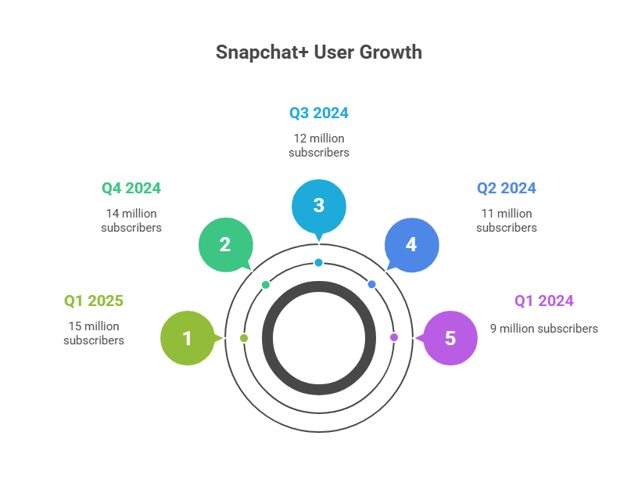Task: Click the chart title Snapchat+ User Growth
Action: tap(319, 52)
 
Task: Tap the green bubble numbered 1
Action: tap(187, 338)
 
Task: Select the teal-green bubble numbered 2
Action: tap(225, 244)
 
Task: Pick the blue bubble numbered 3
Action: tap(318, 206)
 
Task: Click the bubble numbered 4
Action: tap(411, 244)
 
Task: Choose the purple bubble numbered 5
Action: tap(450, 338)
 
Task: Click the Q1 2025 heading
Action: tap(94, 301)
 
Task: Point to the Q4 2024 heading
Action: tap(131, 188)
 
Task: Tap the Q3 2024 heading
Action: tap(319, 113)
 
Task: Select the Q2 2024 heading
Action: tap(507, 188)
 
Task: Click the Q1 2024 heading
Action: tap(544, 301)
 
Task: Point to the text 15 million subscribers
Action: tap(94, 333)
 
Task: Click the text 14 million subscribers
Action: tap(131, 221)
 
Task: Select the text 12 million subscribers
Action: tap(319, 146)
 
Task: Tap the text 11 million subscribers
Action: tap(507, 221)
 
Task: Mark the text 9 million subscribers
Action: tap(544, 329)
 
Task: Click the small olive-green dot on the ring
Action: tap(244, 338)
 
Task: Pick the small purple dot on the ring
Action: tap(394, 337)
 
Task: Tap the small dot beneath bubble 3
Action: tap(319, 262)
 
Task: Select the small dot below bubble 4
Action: tap(372, 284)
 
